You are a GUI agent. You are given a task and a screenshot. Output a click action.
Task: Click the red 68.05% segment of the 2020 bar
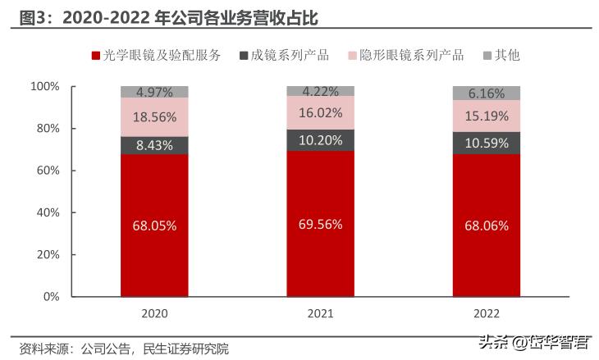point(154,225)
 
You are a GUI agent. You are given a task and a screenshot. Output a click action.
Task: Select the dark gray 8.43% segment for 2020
point(154,144)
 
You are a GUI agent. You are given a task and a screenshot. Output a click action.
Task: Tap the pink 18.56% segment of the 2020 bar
point(154,116)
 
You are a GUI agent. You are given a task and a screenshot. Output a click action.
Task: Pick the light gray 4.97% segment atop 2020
point(154,92)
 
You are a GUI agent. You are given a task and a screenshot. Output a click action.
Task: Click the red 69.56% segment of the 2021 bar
point(320,223)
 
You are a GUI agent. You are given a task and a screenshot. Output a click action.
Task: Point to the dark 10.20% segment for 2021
point(320,139)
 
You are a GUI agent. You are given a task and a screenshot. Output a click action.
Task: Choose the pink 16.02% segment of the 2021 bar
point(320,112)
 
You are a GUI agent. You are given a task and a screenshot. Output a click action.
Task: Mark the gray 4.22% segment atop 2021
point(320,91)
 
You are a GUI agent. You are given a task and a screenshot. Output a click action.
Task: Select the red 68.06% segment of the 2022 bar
point(487,225)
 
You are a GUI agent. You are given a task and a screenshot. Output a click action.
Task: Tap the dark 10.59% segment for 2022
point(487,143)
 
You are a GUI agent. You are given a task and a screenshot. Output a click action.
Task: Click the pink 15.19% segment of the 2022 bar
point(487,116)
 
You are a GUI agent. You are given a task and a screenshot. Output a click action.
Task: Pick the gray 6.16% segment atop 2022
point(487,93)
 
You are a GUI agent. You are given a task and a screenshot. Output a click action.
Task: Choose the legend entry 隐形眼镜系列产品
point(410,56)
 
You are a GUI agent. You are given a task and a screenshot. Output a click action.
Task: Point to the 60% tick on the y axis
point(44,171)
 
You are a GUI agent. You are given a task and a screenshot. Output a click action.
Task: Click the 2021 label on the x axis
point(320,312)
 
